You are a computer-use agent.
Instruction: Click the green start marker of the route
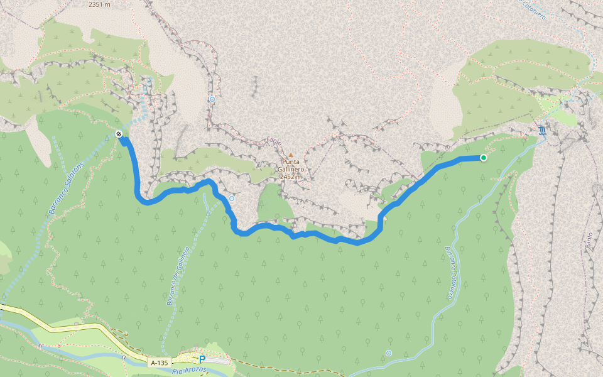point(484,158)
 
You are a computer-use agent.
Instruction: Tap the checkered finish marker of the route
point(119,133)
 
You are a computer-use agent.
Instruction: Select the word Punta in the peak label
point(290,161)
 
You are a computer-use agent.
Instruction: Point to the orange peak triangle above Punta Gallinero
point(290,155)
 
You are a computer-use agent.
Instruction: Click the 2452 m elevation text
point(291,177)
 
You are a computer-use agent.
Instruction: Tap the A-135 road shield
point(160,363)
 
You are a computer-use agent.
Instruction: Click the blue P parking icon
point(202,359)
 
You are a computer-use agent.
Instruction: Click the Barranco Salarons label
point(67,187)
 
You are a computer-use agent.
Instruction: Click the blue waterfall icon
point(542,130)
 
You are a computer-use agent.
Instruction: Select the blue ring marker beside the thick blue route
point(232,198)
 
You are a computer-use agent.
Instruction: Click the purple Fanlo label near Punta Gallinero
point(274,142)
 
